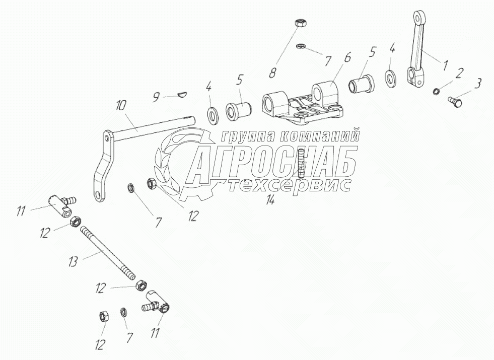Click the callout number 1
(x=445, y=64)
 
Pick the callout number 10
(x=121, y=107)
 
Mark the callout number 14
(x=271, y=200)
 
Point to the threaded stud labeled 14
(x=301, y=162)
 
